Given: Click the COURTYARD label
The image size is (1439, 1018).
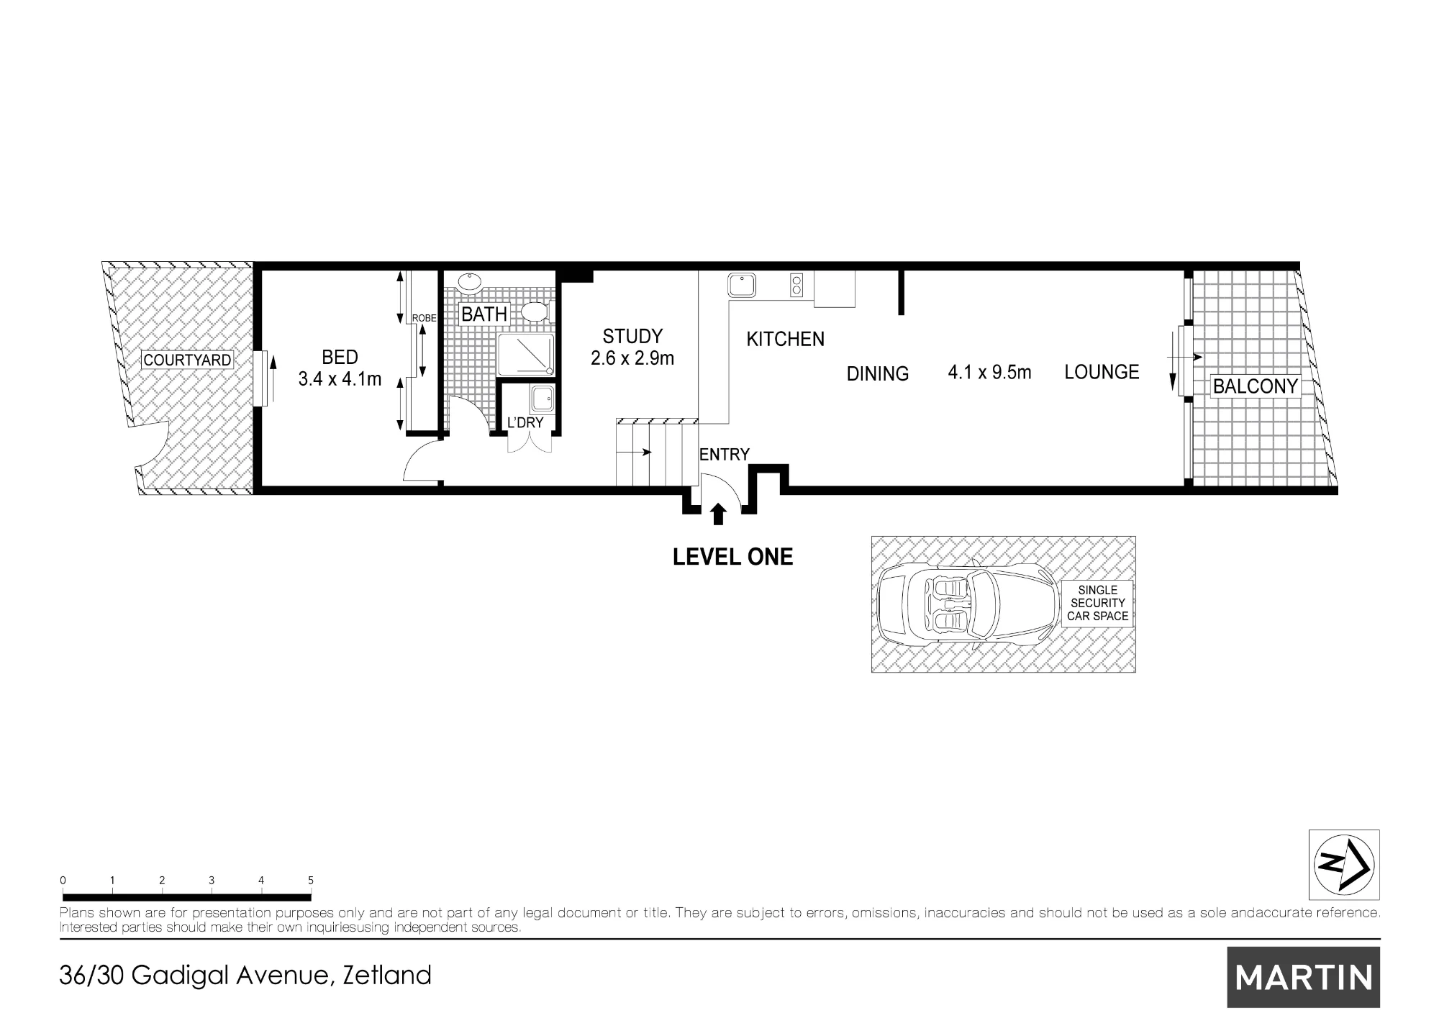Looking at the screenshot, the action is pos(187,360).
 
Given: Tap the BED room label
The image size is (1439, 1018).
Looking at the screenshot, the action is pos(340,357).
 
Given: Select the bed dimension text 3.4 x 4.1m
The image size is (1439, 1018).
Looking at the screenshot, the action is pos(340,379).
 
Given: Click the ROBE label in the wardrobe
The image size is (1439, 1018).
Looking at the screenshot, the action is pos(424,318).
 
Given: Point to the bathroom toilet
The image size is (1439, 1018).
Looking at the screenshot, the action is pos(535,312).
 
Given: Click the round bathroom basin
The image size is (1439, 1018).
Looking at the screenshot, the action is pos(471,283).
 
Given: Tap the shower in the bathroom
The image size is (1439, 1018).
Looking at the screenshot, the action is pos(526,354).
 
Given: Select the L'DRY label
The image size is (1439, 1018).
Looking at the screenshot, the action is pos(525,422).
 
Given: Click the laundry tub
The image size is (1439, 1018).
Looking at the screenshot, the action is pos(542,398).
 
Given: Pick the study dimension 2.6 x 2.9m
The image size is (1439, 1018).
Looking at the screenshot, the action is pos(632,358).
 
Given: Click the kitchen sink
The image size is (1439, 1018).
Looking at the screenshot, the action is pos(741,285).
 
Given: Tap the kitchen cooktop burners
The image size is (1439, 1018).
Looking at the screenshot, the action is pos(796,285).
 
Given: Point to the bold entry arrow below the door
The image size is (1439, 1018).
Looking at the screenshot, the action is pos(717,514).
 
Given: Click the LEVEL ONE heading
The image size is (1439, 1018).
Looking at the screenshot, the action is pos(732,557).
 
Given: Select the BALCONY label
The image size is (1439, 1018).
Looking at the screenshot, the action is pos(1256,386).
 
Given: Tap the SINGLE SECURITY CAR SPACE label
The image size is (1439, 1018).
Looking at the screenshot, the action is pos(1097,603).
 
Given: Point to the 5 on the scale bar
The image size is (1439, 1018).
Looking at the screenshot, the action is pos(311,880).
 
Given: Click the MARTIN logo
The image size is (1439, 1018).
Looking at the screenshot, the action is pos(1304,977).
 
